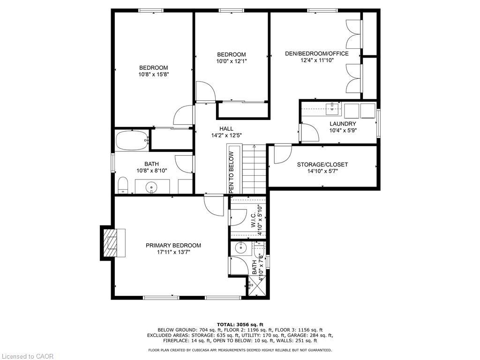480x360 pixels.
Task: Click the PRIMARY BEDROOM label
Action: (173, 245)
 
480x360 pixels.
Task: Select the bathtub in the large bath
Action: (132, 140)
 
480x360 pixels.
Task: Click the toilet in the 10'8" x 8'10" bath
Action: (123, 185)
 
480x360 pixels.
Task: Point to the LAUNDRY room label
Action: (343, 124)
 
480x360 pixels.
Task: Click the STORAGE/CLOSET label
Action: (322, 165)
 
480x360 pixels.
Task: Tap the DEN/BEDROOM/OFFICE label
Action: (316, 53)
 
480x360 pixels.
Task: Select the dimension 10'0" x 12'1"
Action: (231, 61)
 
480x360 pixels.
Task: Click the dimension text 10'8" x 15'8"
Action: (153, 74)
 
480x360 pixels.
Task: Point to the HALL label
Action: (226, 129)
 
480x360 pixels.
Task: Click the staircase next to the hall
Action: (254, 169)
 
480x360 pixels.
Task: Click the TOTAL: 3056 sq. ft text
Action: (240, 324)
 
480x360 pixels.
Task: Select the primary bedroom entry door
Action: (214, 205)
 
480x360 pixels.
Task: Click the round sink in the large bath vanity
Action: (152, 187)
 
